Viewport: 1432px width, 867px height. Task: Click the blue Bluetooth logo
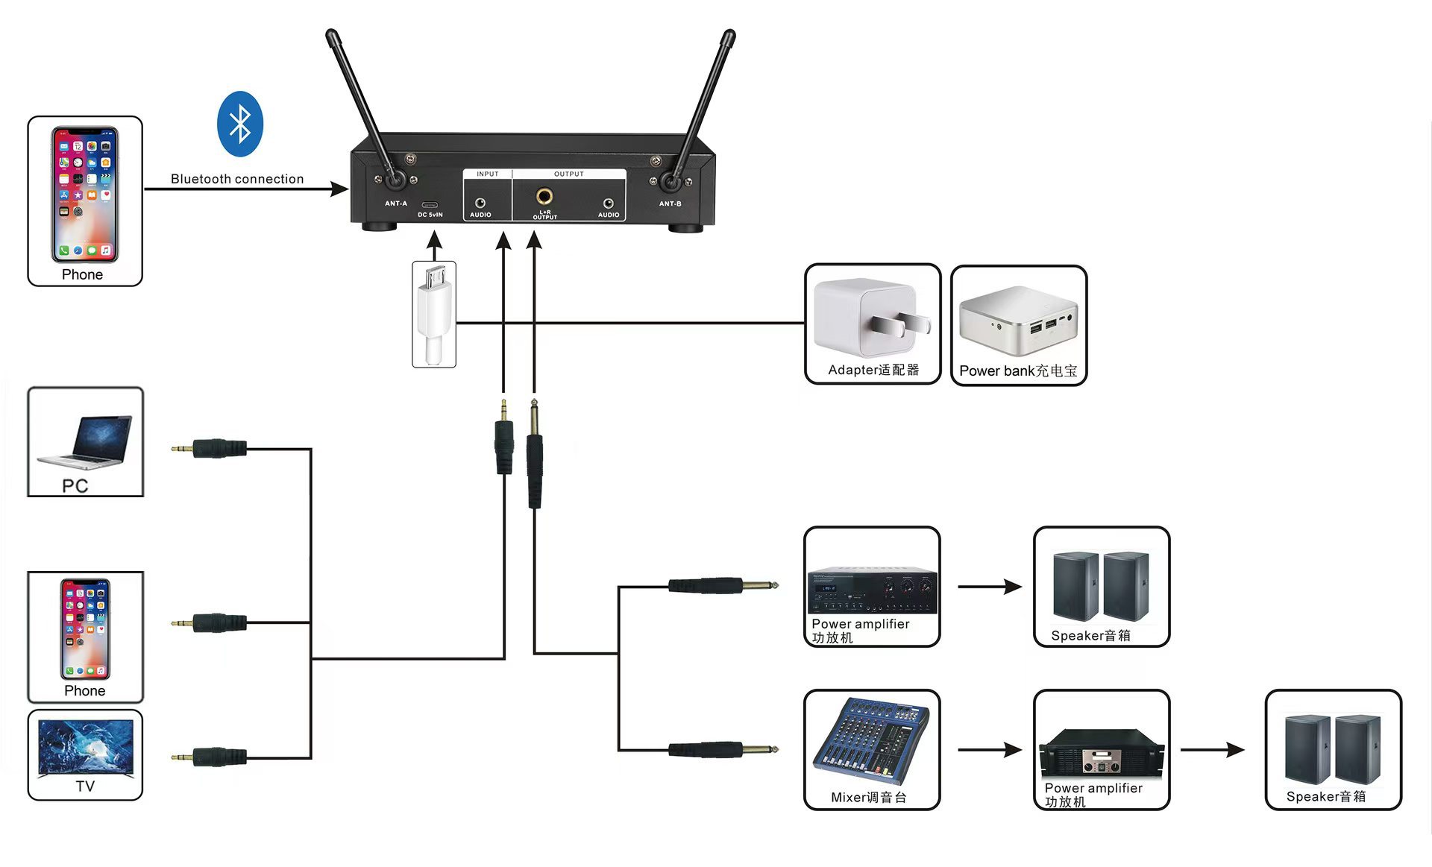pyautogui.click(x=239, y=124)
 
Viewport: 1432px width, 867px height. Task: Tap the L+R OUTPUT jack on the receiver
pyautogui.click(x=544, y=197)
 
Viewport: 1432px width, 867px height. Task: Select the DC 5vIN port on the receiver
pyautogui.click(x=430, y=205)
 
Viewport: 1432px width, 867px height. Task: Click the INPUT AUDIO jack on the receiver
pyautogui.click(x=480, y=203)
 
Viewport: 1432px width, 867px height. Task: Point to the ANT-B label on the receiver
pyautogui.click(x=670, y=204)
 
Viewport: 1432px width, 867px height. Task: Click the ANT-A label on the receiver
pyautogui.click(x=396, y=204)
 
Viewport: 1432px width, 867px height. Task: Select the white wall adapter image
pyautogui.click(x=870, y=318)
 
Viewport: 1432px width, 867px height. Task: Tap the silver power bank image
pyautogui.click(x=1018, y=319)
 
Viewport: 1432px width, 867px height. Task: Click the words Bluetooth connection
pyautogui.click(x=237, y=179)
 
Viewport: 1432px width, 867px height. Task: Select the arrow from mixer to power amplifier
pyautogui.click(x=989, y=749)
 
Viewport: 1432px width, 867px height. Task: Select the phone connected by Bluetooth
pyautogui.click(x=84, y=195)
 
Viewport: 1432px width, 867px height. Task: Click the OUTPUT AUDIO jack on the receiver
pyautogui.click(x=609, y=203)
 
